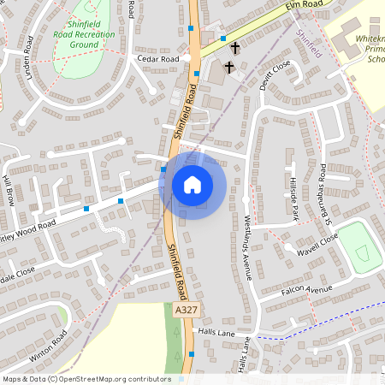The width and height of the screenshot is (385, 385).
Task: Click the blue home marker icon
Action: click(192, 184)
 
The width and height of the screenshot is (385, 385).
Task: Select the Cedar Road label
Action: click(157, 59)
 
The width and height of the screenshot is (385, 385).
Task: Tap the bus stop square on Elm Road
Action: click(223, 38)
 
